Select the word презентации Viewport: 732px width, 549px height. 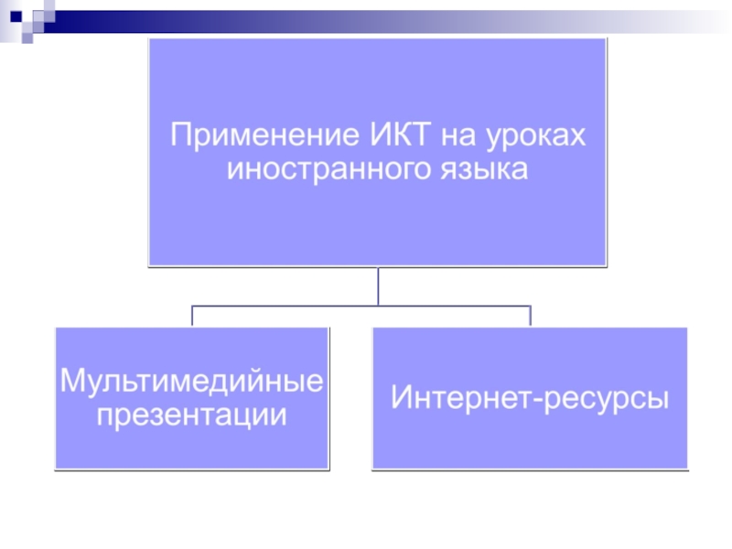click(191, 414)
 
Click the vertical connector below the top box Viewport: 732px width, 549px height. click(377, 286)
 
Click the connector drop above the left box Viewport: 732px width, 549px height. click(192, 317)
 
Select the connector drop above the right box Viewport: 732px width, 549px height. click(531, 317)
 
